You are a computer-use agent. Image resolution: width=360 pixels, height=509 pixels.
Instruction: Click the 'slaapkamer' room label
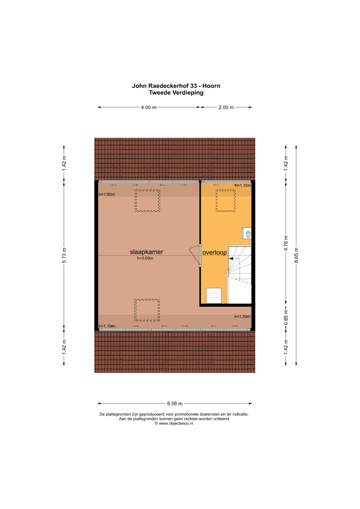click(x=146, y=252)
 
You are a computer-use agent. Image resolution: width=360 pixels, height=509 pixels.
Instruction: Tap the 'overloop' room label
click(x=215, y=252)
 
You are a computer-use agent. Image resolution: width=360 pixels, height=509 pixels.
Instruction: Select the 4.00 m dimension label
click(x=149, y=107)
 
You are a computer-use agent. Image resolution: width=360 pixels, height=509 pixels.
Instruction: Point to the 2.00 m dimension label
click(x=226, y=107)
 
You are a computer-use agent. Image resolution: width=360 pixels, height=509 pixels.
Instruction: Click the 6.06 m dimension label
click(x=175, y=404)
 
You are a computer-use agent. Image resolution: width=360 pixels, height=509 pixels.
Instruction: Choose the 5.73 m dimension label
click(x=64, y=255)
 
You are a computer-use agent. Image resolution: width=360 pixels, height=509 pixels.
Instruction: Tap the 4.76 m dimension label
click(x=286, y=243)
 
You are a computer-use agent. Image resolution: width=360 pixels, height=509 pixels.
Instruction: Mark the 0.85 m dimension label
click(x=286, y=317)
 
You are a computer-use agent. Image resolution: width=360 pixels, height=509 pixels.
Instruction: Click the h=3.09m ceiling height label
click(x=145, y=258)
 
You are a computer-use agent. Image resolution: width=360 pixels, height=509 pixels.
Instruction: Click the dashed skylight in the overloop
click(x=225, y=201)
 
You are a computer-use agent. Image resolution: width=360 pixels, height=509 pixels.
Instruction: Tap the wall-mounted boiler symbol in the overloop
click(x=247, y=233)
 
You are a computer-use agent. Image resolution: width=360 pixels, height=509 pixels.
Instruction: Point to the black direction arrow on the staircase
click(x=231, y=259)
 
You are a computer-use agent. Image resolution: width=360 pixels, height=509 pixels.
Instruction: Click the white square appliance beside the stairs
click(x=214, y=296)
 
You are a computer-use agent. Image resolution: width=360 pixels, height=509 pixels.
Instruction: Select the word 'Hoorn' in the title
click(x=211, y=86)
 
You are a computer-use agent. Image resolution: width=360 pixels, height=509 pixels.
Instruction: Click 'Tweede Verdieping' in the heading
click(x=176, y=93)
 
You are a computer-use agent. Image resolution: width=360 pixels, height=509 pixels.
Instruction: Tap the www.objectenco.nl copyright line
click(x=174, y=423)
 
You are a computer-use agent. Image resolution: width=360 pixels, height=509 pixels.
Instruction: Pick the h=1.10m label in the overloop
click(x=243, y=185)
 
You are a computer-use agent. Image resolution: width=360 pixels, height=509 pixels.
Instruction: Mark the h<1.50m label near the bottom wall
click(x=243, y=317)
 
